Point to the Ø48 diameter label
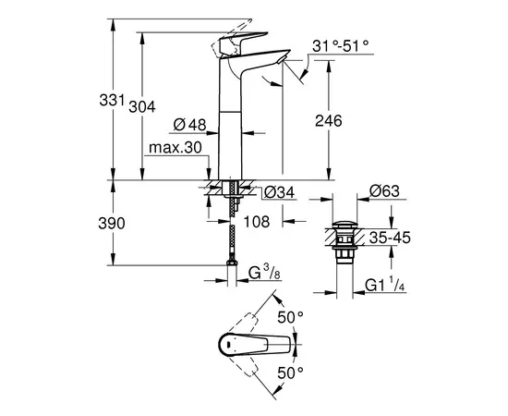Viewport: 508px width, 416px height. (190, 125)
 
